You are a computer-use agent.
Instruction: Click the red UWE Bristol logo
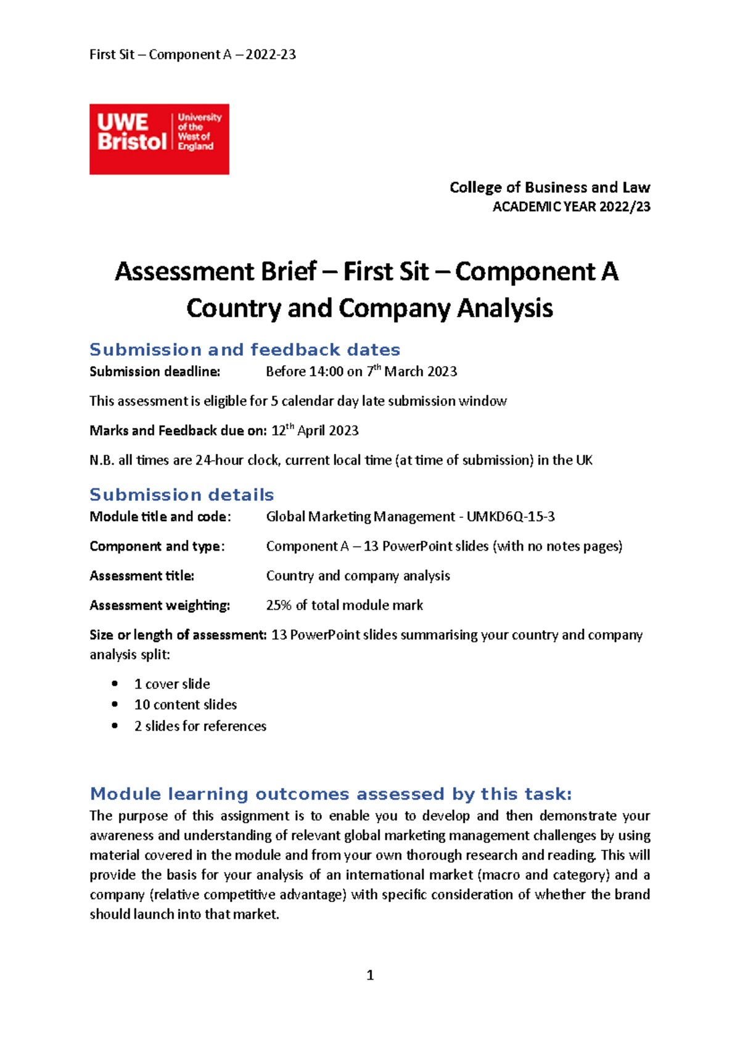coord(159,139)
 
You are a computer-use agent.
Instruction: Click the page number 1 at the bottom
coord(370,975)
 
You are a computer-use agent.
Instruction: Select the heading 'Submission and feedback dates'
coord(245,350)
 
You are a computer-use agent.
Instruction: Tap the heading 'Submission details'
coord(181,495)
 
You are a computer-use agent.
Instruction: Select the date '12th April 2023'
coord(315,430)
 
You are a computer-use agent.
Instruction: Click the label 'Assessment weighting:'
coord(160,606)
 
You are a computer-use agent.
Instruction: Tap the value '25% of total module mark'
coord(344,606)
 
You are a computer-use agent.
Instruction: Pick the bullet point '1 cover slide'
coord(172,684)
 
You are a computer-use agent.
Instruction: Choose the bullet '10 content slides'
coord(186,705)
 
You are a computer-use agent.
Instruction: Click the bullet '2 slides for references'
coord(200,726)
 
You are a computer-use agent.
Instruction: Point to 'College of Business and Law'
coord(549,187)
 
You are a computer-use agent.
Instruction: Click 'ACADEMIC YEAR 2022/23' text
coord(571,207)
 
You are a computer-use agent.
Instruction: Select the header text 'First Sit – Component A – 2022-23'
coord(192,54)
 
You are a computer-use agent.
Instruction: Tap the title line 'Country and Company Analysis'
coord(369,308)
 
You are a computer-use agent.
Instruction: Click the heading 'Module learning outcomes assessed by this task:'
coord(331,794)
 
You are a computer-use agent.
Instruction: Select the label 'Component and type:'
coord(157,546)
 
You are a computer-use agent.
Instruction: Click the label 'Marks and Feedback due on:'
coord(178,431)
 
